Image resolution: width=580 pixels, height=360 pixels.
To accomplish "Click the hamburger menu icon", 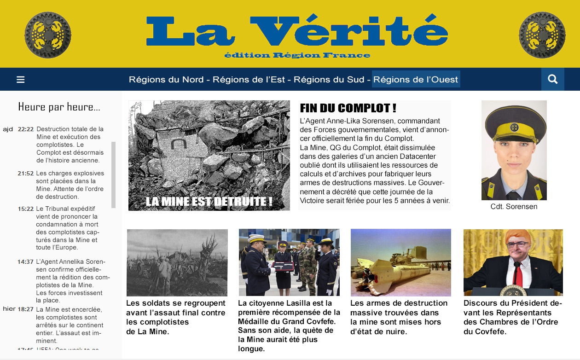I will click(x=20, y=80).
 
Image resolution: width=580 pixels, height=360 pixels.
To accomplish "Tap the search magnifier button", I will click(x=552, y=79).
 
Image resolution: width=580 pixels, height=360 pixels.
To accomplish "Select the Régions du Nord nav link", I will click(x=166, y=80).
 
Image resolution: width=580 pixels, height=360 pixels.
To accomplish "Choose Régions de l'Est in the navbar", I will click(x=249, y=80).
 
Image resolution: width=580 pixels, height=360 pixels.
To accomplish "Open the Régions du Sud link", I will click(x=329, y=80).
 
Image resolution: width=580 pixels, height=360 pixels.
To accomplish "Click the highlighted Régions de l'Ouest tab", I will click(x=416, y=80).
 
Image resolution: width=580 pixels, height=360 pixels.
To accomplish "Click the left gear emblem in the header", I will click(x=47, y=35).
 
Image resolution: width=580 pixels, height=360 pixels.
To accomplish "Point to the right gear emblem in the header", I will click(x=542, y=35).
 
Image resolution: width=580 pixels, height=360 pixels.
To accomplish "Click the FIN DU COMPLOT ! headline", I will click(x=348, y=108).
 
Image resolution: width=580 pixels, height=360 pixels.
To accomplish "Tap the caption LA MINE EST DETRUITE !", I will click(x=209, y=202).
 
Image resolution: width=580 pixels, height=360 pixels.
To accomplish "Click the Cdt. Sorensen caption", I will click(x=514, y=207).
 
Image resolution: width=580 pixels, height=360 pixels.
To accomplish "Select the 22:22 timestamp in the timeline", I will click(x=25, y=129).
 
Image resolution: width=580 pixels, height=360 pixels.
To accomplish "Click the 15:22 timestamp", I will click(x=25, y=209).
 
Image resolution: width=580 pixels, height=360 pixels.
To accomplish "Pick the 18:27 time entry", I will click(x=25, y=309).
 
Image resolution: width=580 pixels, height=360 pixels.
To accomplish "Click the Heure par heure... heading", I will click(x=59, y=107).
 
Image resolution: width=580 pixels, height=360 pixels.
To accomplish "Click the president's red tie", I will click(x=518, y=273).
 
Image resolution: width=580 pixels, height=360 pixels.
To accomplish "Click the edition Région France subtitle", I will click(x=297, y=55).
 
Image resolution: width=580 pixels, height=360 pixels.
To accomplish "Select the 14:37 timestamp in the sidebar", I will click(x=25, y=262).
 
